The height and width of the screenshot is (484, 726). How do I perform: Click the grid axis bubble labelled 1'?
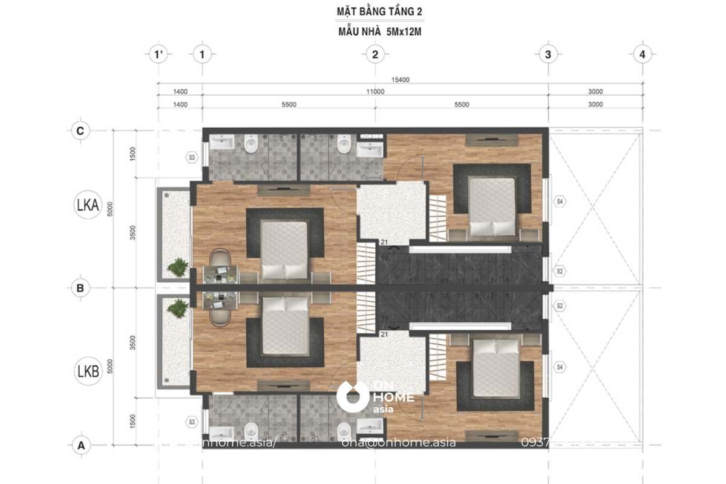(x=158, y=55)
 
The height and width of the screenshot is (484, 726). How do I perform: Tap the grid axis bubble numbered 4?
(x=642, y=55)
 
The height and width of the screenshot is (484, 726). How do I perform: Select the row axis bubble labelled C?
(x=80, y=131)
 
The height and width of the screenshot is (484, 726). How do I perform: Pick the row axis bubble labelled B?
(x=80, y=288)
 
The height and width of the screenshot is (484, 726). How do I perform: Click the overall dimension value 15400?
(x=401, y=79)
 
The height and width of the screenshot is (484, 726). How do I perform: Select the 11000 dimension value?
(x=375, y=92)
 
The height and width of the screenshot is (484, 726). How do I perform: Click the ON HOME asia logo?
(x=375, y=397)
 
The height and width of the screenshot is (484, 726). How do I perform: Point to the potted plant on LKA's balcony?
(x=178, y=267)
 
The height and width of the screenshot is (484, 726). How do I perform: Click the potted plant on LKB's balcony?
(x=178, y=309)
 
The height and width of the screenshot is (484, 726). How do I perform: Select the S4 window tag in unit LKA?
(x=560, y=201)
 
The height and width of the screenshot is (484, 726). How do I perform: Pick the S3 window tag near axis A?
(x=192, y=421)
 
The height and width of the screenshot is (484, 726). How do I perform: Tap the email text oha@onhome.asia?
(x=399, y=442)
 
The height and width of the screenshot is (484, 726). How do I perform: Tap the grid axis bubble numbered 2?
(x=375, y=55)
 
